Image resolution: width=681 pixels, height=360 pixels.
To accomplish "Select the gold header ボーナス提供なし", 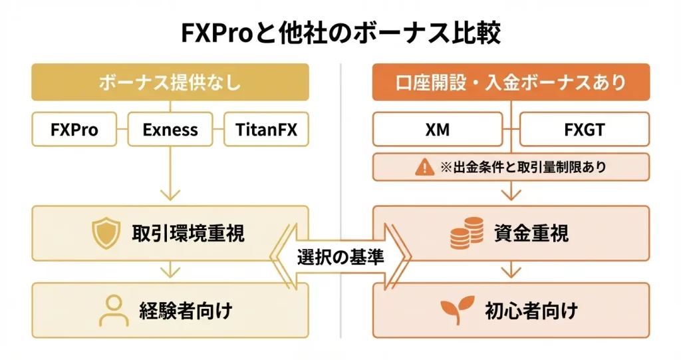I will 170,83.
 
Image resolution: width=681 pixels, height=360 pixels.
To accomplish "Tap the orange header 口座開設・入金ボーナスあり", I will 511,83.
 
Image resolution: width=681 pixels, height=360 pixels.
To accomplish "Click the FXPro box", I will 74,129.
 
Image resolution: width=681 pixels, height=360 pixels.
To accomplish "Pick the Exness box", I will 170,129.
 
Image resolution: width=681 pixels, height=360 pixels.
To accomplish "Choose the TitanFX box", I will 266,129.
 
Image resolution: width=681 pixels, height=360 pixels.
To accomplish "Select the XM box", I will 437,129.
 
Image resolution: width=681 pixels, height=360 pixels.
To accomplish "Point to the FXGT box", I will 584,129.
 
